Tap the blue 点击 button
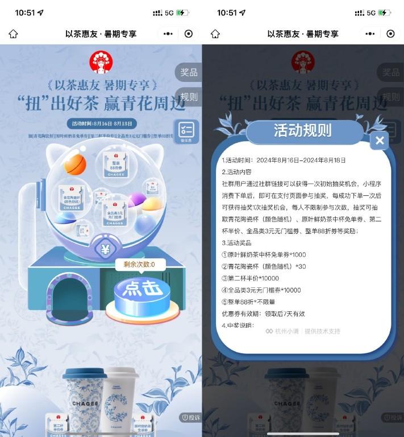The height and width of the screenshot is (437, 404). [x=142, y=288]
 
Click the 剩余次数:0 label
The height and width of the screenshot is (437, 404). [x=135, y=264]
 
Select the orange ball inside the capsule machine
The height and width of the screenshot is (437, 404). [x=75, y=164]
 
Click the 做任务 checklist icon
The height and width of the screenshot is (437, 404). [x=186, y=131]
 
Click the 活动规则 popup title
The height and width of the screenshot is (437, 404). [x=302, y=130]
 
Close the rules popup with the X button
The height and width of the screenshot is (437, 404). [x=380, y=141]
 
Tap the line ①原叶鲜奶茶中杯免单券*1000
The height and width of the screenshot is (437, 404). [x=264, y=255]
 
